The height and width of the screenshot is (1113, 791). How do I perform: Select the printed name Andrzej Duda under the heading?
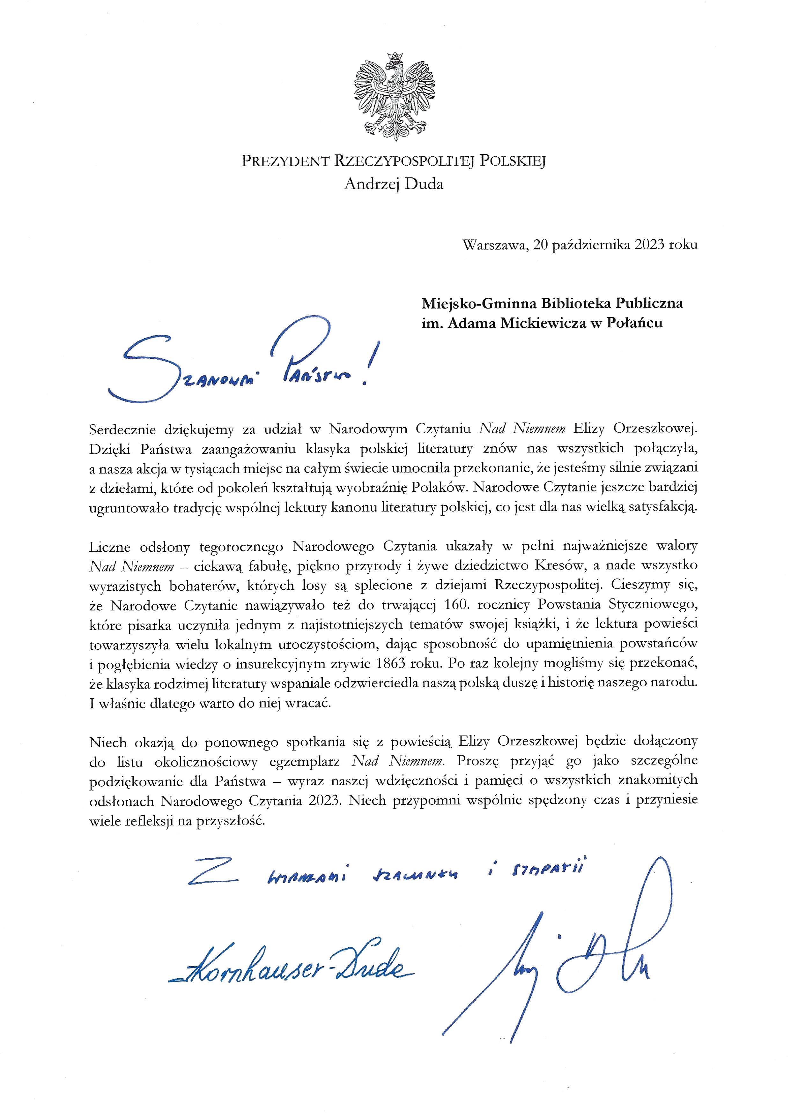coord(394,184)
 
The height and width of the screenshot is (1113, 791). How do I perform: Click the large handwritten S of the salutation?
coord(141,368)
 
